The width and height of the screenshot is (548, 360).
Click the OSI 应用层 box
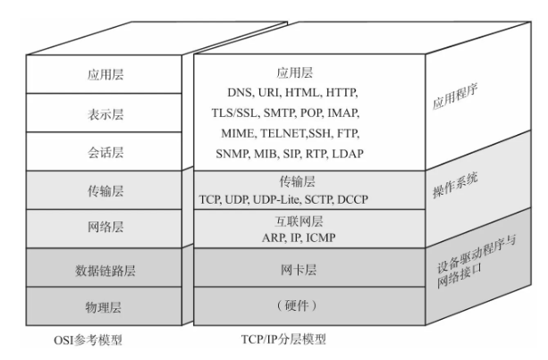coord(105,75)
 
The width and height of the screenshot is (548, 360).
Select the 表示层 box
coord(105,114)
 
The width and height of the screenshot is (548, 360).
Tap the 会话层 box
coord(105,153)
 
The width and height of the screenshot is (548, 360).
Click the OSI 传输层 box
coord(105,189)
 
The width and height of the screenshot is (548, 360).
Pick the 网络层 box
coord(105,228)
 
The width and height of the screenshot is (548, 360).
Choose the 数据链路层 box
coord(105,269)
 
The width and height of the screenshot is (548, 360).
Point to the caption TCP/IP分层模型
coord(282,340)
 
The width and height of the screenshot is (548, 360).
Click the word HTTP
coord(347,91)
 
